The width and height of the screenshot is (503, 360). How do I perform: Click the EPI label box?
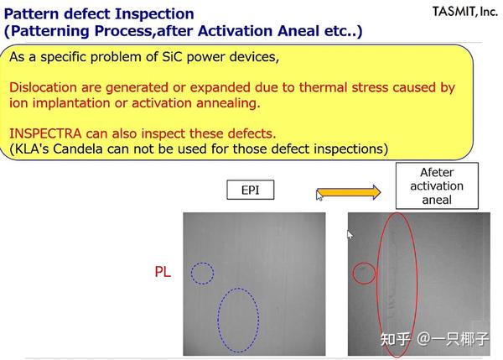pos(250,190)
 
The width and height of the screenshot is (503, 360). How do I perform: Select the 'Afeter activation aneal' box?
pos(437,186)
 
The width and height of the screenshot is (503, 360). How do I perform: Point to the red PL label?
pos(163,272)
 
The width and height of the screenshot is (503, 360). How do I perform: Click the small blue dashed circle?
pos(201,273)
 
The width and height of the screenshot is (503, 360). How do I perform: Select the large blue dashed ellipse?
pos(238,320)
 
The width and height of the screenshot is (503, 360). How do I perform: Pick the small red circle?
pos(364,273)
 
